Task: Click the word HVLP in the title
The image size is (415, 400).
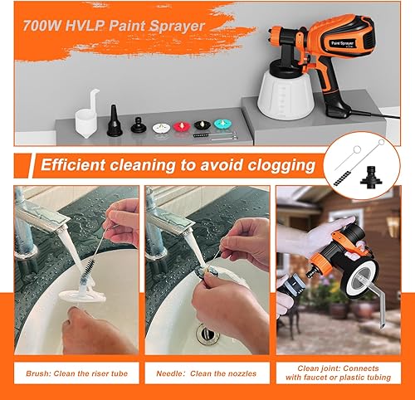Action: tap(85, 26)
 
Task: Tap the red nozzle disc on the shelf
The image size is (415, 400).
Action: tap(182, 127)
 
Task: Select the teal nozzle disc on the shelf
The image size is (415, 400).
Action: tap(222, 124)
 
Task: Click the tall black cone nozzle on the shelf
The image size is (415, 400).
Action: tap(115, 121)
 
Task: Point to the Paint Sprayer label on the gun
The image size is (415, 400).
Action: tap(343, 43)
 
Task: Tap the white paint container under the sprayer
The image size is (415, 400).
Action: tap(286, 94)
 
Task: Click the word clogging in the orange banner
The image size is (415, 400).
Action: tap(281, 165)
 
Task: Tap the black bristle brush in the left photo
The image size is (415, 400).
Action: tap(86, 270)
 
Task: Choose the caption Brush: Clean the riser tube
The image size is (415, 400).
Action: tap(76, 373)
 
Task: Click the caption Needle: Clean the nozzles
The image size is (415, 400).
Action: tap(207, 373)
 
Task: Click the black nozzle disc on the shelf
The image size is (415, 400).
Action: tap(203, 125)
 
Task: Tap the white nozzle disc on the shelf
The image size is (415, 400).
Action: tap(161, 128)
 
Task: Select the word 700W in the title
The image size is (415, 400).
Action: tap(42, 26)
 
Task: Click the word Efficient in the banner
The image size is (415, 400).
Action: tap(73, 165)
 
